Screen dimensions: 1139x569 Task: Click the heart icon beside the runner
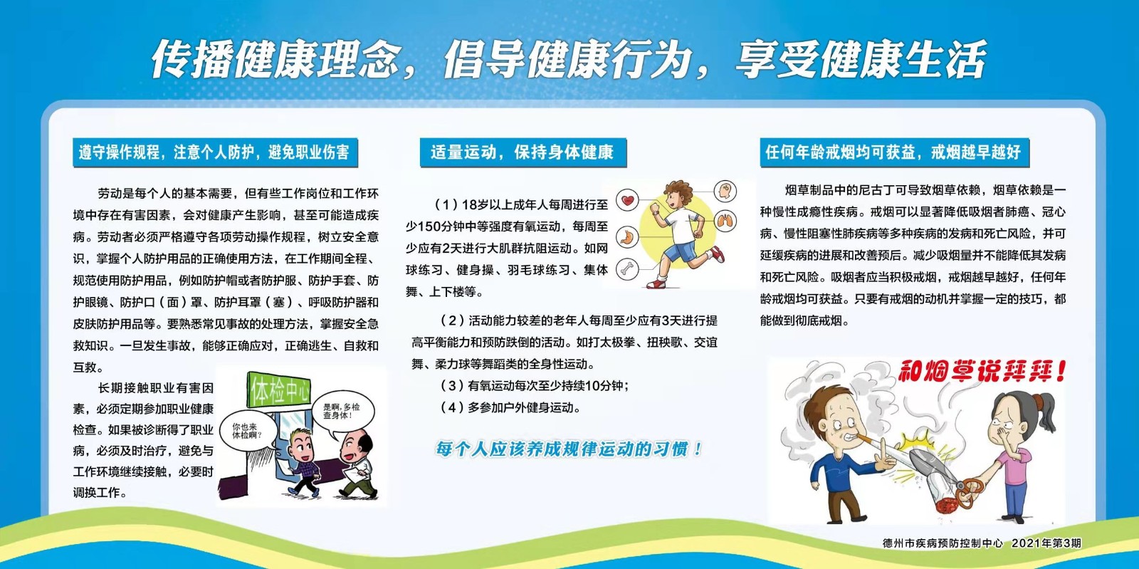(x=627, y=200)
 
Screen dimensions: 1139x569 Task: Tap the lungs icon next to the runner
(x=725, y=221)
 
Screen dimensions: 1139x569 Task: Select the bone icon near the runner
(x=627, y=269)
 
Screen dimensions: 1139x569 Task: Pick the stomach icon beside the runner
(x=627, y=236)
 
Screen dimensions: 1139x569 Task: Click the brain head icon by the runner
(x=725, y=191)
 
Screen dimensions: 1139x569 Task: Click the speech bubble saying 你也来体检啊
(x=248, y=430)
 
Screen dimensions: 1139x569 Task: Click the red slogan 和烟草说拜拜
(x=982, y=372)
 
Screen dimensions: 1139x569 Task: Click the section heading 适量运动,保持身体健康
(x=523, y=152)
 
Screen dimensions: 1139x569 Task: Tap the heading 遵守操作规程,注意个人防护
(x=214, y=152)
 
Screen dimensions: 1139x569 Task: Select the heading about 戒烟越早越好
(x=894, y=152)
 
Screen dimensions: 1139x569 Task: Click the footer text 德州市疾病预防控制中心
(x=943, y=543)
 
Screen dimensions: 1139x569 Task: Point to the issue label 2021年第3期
(x=1046, y=543)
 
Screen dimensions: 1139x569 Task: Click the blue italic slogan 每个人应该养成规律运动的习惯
(x=569, y=449)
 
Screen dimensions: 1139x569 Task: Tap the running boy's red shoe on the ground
(x=656, y=283)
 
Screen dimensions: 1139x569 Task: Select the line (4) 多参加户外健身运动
(x=510, y=407)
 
